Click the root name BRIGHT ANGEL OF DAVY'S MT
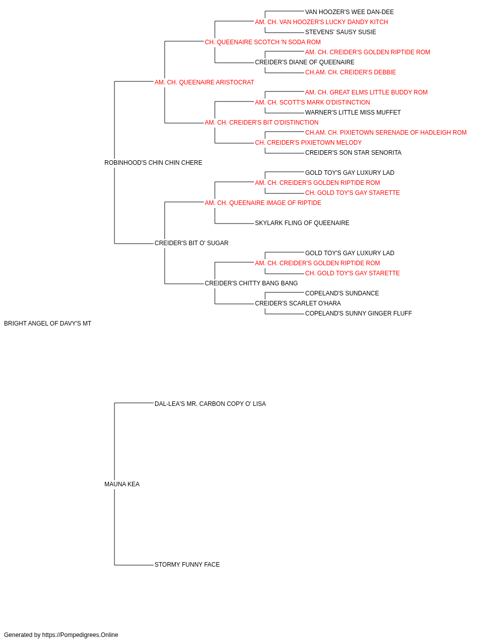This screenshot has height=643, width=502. click(48, 324)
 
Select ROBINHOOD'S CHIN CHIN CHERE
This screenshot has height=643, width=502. click(153, 163)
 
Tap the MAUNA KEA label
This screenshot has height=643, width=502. click(122, 484)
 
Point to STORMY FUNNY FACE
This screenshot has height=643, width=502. click(187, 565)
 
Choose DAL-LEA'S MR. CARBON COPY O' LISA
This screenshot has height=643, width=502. click(210, 404)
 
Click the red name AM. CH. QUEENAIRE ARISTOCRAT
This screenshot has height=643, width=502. click(204, 82)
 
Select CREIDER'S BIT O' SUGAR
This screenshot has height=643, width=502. click(191, 243)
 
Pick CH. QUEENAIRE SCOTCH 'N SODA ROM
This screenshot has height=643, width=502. click(263, 42)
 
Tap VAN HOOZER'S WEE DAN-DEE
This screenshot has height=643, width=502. click(349, 12)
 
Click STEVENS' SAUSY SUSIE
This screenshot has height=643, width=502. click(340, 32)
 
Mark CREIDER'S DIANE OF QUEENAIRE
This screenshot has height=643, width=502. click(305, 62)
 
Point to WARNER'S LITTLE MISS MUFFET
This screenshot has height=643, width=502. click(353, 113)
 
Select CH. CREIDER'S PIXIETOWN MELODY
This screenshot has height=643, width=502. click(308, 143)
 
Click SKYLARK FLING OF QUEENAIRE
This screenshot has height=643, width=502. click(302, 223)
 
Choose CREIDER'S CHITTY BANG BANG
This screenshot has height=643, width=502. click(252, 283)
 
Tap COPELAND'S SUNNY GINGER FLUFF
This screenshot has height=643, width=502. click(358, 313)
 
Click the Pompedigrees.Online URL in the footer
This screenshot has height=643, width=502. click(80, 635)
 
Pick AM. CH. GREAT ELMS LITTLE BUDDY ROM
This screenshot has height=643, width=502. click(366, 92)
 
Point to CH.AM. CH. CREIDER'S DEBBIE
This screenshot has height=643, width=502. click(350, 72)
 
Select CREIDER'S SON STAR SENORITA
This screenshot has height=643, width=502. click(353, 153)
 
